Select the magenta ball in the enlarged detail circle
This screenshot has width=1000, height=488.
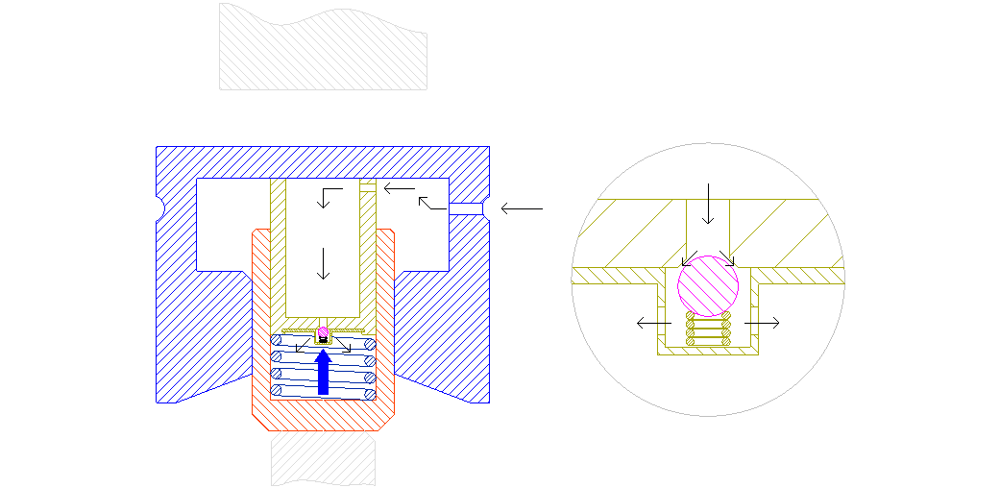[x=708, y=284]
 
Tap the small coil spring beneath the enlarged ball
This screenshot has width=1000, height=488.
[x=708, y=329]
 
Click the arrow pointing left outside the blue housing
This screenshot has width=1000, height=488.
[x=522, y=207]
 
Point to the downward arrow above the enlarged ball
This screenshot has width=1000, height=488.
[x=708, y=203]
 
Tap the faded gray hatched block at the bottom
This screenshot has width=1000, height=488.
[x=323, y=459]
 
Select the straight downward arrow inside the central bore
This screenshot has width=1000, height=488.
[x=324, y=263]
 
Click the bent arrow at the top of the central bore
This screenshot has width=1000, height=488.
[x=328, y=197]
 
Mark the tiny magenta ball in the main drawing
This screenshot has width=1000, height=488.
[x=324, y=333]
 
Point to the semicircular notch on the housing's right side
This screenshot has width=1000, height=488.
[x=487, y=207]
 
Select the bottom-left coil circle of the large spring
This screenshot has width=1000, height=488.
[x=277, y=390]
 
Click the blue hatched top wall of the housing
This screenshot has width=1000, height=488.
[x=323, y=162]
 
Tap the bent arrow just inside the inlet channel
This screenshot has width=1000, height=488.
[x=432, y=203]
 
